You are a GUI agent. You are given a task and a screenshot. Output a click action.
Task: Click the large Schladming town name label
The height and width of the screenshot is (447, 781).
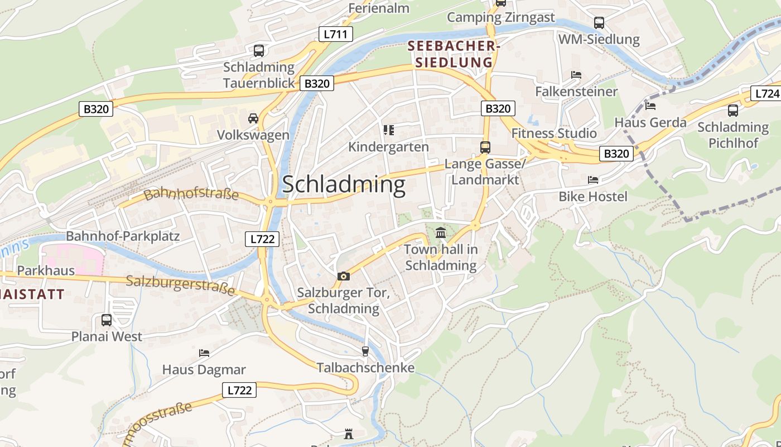344,184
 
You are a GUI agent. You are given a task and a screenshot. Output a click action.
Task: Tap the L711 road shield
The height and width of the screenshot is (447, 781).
336,34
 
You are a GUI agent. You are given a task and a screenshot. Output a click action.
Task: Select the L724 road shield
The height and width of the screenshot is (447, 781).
765,93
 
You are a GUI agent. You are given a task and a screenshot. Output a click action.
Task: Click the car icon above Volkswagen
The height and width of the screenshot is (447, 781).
253,118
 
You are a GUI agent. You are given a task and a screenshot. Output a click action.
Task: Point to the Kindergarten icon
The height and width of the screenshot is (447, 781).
389,130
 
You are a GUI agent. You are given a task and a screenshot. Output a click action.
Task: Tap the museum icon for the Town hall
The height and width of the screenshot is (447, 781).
441,232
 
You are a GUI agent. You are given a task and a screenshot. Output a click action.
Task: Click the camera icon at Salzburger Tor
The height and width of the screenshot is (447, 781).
344,276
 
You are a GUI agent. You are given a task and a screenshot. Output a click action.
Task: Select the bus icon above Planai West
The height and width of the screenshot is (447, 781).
107,320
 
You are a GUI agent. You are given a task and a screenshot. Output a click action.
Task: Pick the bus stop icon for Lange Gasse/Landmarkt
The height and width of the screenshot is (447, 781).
485,148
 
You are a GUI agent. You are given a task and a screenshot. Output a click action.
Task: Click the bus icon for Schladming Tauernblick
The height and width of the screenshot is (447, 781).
259,51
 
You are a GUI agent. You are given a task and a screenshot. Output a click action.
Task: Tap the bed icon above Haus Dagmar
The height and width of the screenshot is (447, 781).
204,353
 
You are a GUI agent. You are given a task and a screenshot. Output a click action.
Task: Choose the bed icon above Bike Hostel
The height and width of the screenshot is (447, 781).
593,180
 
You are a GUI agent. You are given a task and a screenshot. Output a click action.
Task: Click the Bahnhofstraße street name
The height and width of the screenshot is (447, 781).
191,195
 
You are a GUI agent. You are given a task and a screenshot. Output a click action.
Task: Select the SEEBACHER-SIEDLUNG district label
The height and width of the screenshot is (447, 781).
451,54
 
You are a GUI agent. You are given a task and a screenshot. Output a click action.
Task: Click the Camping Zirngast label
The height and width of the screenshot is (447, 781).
501,17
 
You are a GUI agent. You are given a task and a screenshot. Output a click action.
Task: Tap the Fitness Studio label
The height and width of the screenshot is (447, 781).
554,133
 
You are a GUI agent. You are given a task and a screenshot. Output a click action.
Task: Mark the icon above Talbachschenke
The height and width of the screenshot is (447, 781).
365,351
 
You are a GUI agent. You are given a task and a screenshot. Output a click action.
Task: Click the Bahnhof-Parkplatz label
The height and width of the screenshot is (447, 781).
123,236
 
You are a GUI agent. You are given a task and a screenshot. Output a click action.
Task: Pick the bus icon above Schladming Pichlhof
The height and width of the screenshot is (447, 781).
733,111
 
